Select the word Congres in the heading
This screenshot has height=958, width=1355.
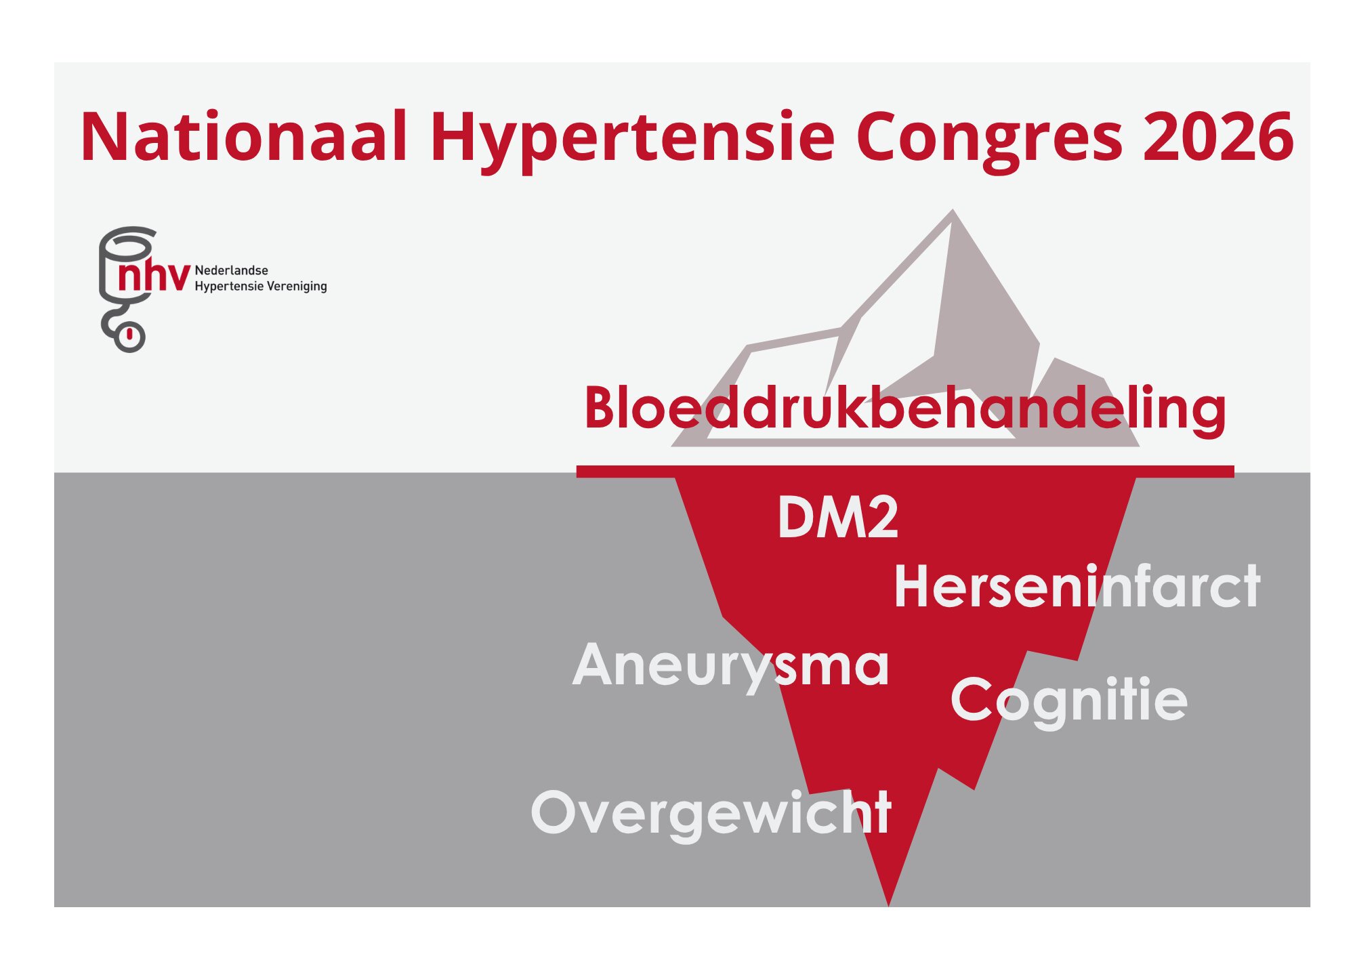[x=989, y=141]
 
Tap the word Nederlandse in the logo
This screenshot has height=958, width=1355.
[x=231, y=270]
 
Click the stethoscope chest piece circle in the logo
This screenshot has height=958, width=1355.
[x=129, y=336]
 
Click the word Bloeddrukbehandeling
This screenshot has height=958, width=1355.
[x=905, y=409]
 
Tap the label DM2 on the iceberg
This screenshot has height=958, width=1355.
[x=837, y=518]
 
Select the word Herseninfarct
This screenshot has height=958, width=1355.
[x=1077, y=587]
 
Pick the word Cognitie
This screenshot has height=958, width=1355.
[x=1068, y=702]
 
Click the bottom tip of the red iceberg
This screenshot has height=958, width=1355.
[x=888, y=904]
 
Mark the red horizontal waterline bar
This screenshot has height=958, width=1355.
[x=905, y=472]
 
